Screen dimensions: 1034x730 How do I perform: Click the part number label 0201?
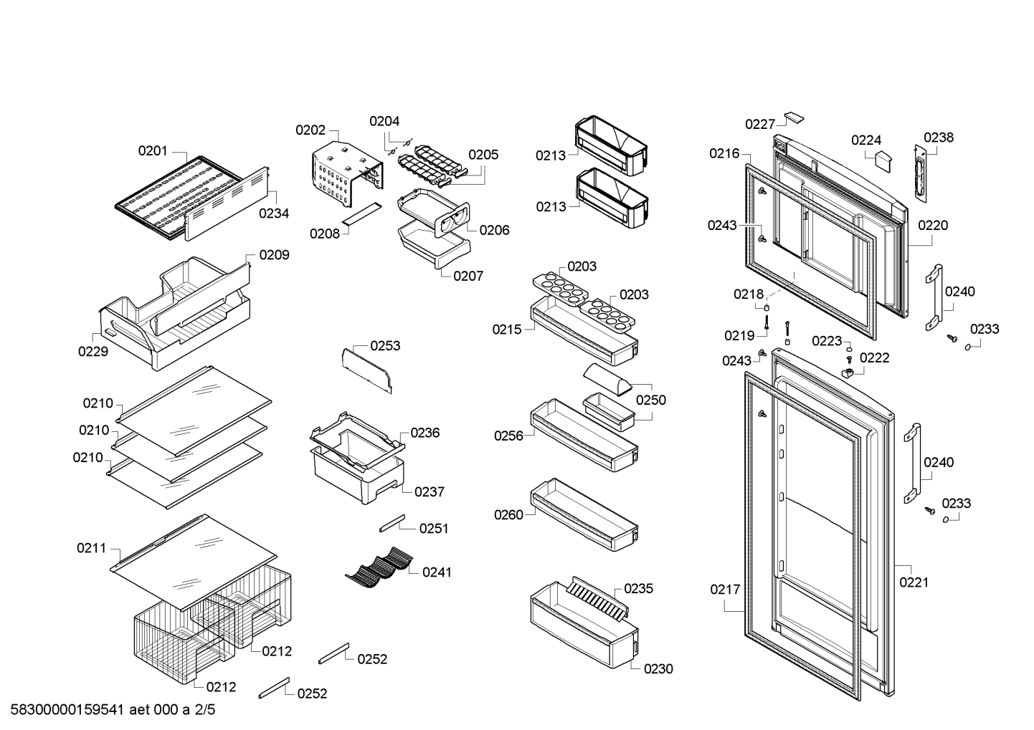coord(153,150)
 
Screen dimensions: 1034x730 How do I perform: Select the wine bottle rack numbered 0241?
coord(379,567)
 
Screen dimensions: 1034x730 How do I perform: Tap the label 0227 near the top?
coord(760,124)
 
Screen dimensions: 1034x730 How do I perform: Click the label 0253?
coord(386,346)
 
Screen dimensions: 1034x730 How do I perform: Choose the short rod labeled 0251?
coord(392,524)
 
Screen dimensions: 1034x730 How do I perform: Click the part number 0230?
coord(658,668)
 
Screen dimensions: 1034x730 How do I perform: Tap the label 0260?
coord(508,514)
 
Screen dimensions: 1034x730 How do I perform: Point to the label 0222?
coord(874,358)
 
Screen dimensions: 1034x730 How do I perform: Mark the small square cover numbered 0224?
coord(883,160)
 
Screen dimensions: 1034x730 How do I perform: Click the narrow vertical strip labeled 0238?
coord(921,173)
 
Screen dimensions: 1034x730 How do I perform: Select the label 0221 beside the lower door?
coord(914,582)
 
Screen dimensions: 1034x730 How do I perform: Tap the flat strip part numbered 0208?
coord(362,213)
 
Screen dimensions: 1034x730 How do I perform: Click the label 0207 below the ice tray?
coord(468,277)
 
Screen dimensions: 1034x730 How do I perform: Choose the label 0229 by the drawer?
coord(93,352)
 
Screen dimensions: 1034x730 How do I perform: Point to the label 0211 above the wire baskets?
coord(91,548)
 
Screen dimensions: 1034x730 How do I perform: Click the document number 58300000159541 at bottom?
coord(67,710)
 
